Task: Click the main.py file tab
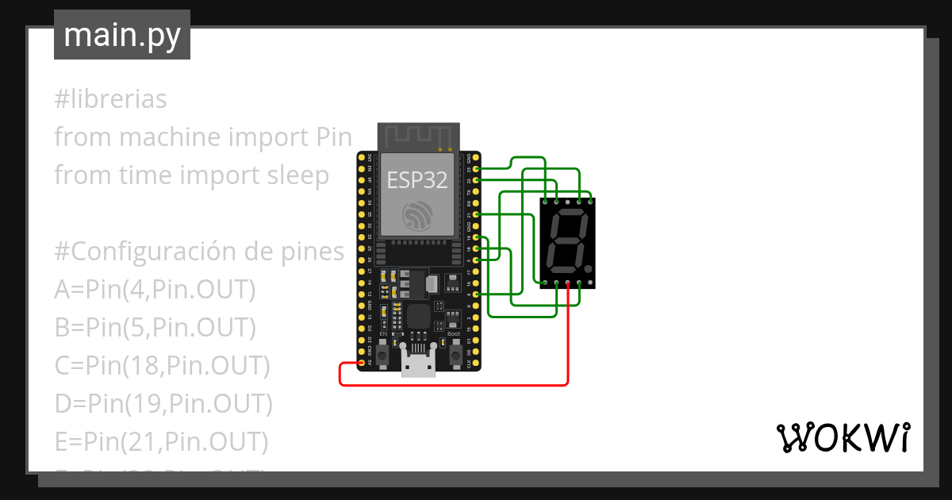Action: [121, 35]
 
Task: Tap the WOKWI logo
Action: [842, 437]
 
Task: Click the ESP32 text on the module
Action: [417, 179]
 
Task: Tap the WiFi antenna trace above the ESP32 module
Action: [418, 137]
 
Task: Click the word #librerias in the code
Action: [110, 99]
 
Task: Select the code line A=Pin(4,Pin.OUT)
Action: [155, 290]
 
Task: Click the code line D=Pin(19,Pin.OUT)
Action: [163, 404]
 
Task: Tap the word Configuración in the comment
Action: [150, 252]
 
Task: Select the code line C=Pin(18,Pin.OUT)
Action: [162, 366]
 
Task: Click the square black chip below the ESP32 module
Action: [419, 316]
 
